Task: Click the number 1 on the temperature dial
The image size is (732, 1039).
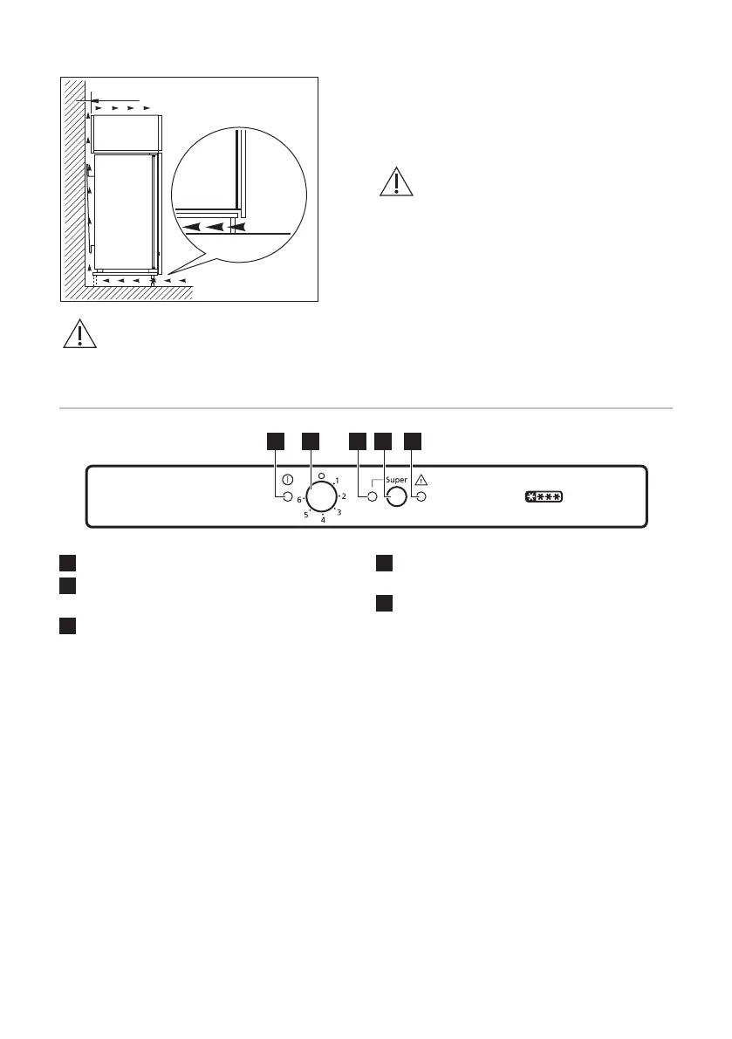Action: pyautogui.click(x=337, y=482)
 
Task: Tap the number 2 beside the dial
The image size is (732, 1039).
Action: pyautogui.click(x=345, y=496)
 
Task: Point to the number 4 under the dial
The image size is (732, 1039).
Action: pyautogui.click(x=323, y=520)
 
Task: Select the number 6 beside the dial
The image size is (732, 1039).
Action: pyautogui.click(x=299, y=500)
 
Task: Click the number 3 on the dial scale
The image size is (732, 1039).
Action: pyautogui.click(x=339, y=512)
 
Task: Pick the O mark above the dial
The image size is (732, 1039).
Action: pyautogui.click(x=321, y=476)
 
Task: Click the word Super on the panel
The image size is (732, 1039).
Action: pyautogui.click(x=395, y=480)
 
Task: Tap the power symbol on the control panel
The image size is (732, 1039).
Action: pyautogui.click(x=287, y=480)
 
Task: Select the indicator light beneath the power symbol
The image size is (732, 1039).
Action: pyautogui.click(x=287, y=497)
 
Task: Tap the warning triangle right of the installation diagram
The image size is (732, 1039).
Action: pyautogui.click(x=397, y=181)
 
